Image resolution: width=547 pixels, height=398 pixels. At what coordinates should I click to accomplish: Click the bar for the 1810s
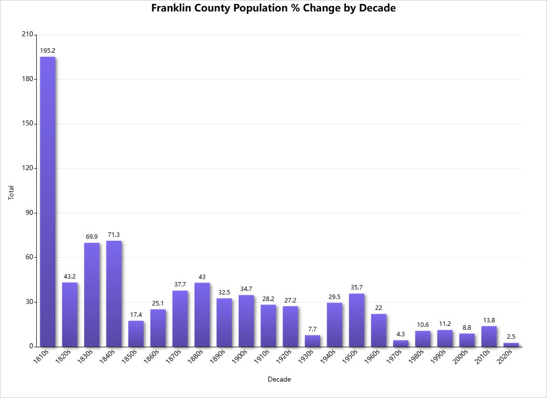[48, 201]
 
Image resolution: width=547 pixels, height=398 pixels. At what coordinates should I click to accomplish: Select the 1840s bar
[114, 294]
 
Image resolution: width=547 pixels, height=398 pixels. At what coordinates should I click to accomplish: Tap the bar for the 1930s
[312, 341]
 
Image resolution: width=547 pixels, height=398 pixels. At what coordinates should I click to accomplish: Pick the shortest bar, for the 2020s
[511, 344]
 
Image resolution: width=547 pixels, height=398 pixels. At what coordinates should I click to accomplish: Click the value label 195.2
[48, 50]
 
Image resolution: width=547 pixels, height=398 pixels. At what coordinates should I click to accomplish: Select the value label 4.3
[400, 334]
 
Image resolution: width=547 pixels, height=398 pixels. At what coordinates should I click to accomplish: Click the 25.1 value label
[158, 303]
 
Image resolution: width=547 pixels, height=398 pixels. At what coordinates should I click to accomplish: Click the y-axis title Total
[11, 193]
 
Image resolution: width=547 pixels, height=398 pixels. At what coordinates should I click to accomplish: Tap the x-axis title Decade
[279, 380]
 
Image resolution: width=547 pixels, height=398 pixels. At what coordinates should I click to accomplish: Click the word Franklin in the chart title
[174, 8]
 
